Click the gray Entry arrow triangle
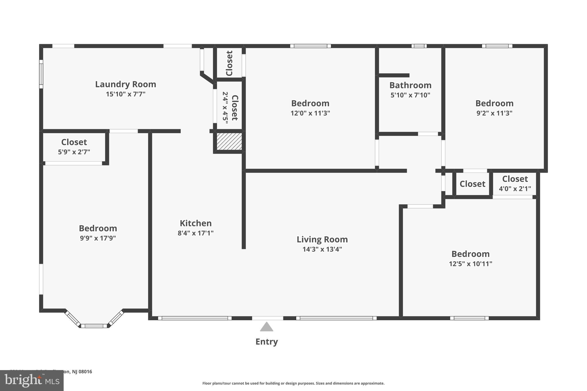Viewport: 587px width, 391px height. tap(267, 327)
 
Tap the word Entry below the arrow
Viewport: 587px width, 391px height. tap(267, 342)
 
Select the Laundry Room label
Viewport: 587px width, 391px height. tap(126, 84)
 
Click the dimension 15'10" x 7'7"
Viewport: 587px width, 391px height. tap(126, 94)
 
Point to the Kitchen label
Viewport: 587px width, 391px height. tap(195, 223)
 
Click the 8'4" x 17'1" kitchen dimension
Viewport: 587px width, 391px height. tap(195, 233)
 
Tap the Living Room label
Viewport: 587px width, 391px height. tap(322, 239)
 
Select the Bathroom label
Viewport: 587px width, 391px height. tap(410, 85)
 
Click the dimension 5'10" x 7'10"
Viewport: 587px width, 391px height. tap(410, 95)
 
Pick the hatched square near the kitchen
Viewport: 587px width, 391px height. tap(229, 141)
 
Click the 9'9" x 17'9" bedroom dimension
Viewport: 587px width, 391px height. tap(98, 238)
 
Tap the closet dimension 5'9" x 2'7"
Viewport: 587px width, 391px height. tap(74, 152)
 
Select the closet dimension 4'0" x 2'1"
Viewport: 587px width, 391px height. tap(515, 189)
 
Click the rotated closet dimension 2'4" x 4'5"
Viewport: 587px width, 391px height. tap(225, 108)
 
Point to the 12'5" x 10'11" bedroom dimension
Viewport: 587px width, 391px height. tap(470, 264)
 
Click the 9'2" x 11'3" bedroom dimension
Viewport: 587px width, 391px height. tap(494, 113)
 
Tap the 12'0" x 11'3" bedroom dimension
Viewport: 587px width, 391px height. tap(310, 113)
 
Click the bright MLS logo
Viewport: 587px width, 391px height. tap(32, 381)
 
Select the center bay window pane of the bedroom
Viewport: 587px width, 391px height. tap(94, 326)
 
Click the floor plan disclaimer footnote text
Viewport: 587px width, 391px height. tap(293, 383)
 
